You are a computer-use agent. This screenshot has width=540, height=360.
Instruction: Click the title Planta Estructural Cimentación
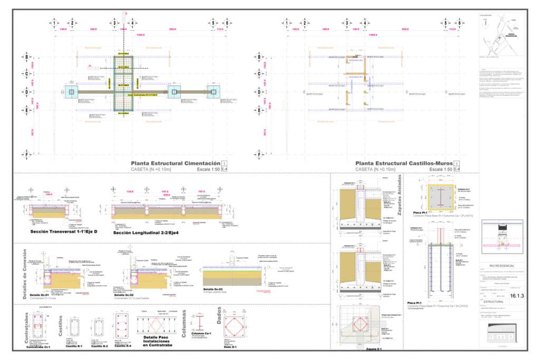point(176,163)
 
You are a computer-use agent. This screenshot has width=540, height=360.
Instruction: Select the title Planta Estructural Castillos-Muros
point(403,163)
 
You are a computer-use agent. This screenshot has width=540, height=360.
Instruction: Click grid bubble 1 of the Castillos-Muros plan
point(286,23)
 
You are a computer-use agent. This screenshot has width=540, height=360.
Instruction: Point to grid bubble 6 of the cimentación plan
point(227,23)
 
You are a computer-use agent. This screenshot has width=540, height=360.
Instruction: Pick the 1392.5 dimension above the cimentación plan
point(141,35)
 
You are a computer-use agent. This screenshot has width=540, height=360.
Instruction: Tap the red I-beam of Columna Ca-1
point(200,323)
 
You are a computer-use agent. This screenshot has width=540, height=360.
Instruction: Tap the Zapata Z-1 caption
point(360,349)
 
